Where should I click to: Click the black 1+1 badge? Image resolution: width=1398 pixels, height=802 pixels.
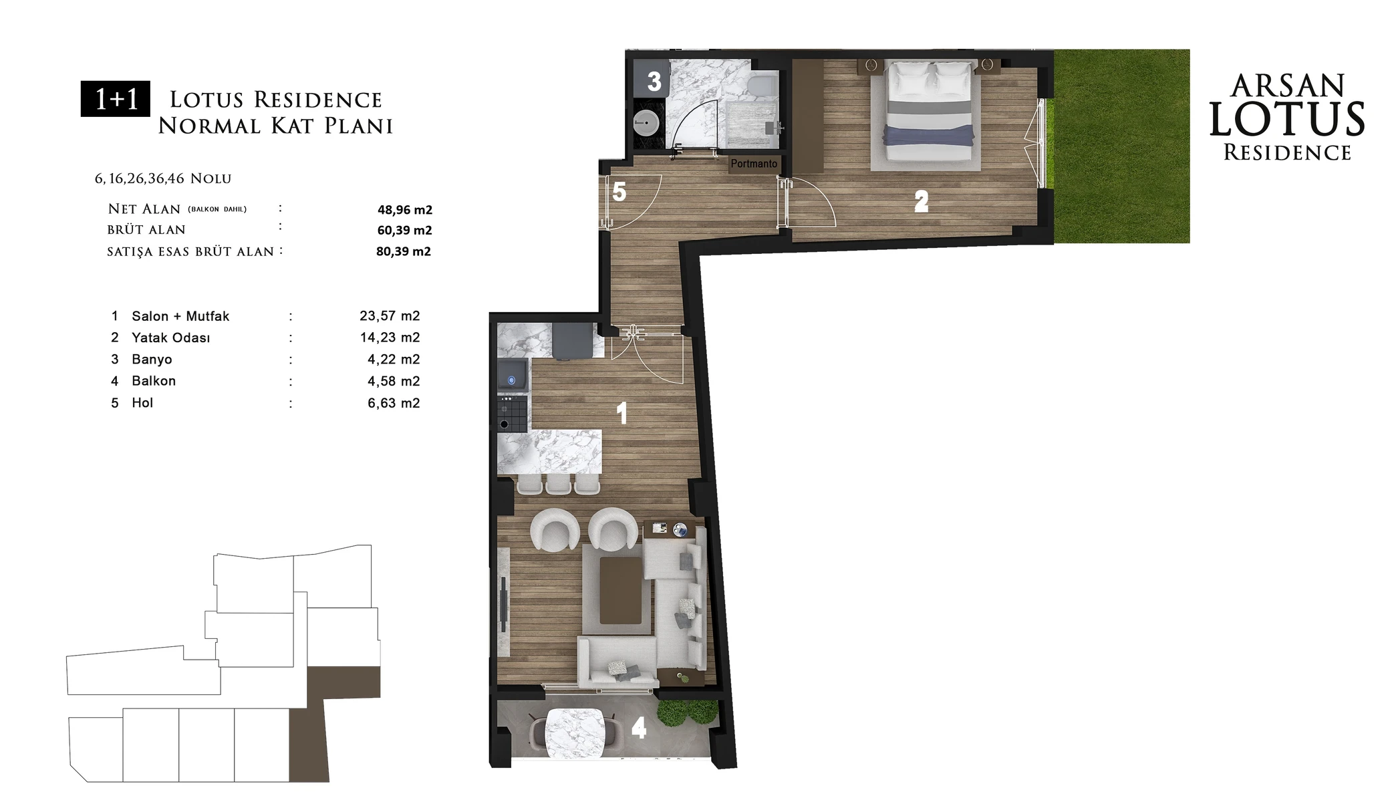[x=116, y=99]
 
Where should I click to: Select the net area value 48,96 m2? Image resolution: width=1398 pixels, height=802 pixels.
[x=405, y=210]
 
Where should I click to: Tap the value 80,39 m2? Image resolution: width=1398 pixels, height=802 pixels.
[x=404, y=252]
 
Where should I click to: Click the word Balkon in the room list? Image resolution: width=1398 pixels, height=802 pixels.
[x=154, y=381]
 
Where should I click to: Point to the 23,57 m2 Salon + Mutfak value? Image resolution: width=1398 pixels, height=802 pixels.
[x=390, y=316]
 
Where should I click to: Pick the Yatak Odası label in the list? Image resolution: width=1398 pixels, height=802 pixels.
[x=171, y=338]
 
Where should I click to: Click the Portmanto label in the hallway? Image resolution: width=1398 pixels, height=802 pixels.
[x=754, y=164]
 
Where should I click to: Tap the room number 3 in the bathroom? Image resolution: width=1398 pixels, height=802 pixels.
[x=654, y=82]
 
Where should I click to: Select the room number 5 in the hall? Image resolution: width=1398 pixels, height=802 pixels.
[x=619, y=192]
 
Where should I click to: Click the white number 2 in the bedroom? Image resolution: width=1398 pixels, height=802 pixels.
[x=922, y=201]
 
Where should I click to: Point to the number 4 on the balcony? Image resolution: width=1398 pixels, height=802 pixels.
[x=639, y=728]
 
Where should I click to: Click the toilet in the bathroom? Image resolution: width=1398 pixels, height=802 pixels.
[x=762, y=85]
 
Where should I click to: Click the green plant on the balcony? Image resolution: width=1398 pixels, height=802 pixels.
[x=688, y=712]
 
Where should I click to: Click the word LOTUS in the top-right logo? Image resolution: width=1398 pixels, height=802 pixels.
[x=1287, y=120]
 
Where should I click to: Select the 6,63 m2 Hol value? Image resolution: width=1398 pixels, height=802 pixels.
[x=394, y=403]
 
